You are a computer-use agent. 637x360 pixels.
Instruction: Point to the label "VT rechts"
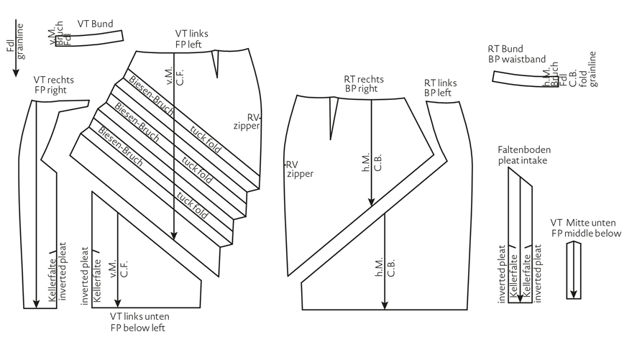[x=54, y=80]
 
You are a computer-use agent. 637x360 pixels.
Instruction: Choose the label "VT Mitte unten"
[x=586, y=223]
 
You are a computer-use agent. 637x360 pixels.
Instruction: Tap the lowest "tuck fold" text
[x=192, y=207]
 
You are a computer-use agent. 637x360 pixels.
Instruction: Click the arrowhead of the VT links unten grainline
[x=118, y=300]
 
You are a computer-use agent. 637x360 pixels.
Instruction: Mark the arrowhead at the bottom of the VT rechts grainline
[x=37, y=300]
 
